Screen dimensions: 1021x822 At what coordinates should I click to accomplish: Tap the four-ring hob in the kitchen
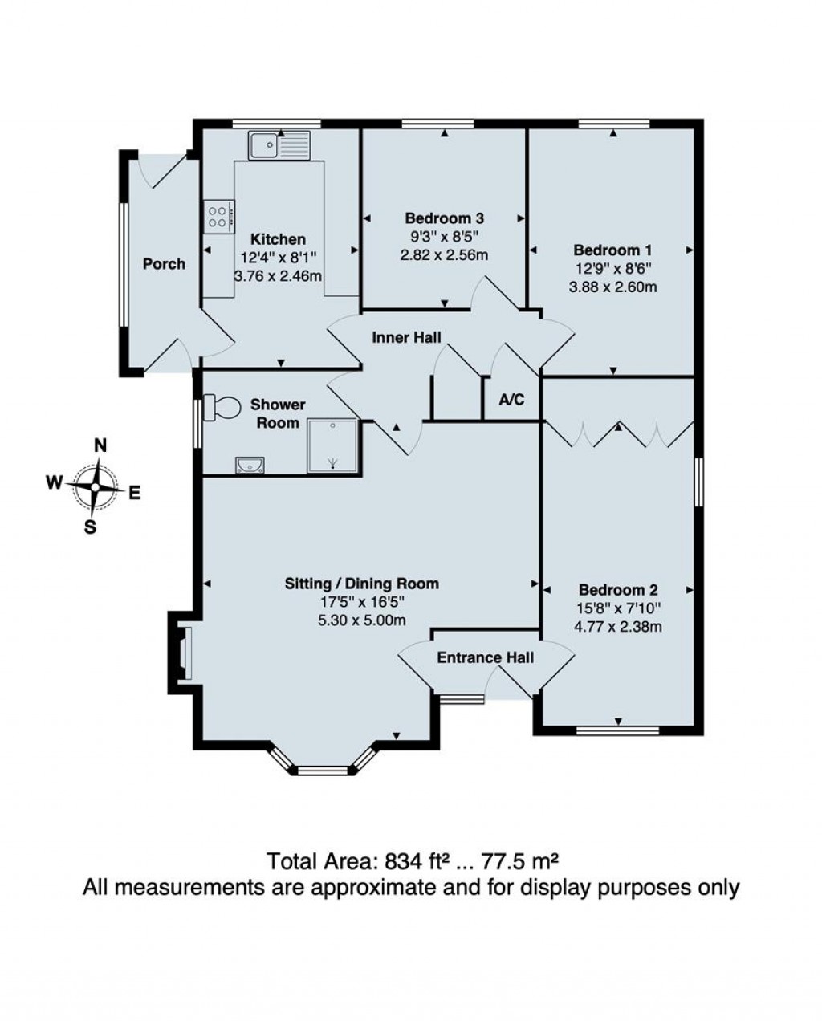tap(218, 215)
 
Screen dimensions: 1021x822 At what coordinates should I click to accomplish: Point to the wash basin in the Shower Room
tap(250, 465)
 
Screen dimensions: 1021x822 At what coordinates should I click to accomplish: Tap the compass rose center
tap(96, 486)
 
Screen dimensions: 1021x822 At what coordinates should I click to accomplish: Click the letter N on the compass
tap(100, 446)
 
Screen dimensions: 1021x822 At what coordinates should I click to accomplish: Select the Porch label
tap(164, 264)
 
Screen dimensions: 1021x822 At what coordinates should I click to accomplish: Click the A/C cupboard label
tap(511, 399)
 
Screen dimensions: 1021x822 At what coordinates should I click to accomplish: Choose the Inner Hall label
tap(406, 338)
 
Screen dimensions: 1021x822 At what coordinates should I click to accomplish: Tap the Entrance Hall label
tap(485, 658)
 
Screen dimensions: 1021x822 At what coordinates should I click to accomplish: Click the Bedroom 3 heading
tap(444, 218)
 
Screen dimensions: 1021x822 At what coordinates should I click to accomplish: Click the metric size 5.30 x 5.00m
tap(361, 620)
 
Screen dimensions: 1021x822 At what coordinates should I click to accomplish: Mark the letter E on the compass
tap(134, 494)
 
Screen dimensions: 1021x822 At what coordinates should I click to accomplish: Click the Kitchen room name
tap(278, 239)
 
